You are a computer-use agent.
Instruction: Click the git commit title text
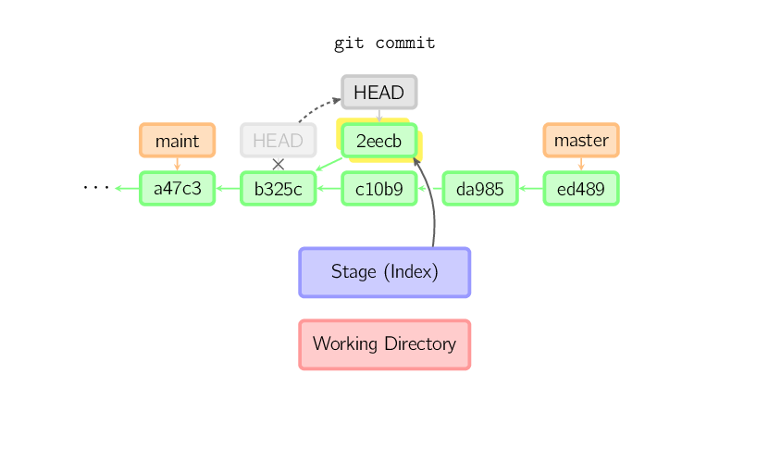[384, 43]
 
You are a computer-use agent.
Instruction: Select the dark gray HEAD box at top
[379, 93]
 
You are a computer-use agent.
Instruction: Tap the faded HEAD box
[278, 141]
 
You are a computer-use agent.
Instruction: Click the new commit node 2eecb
[379, 141]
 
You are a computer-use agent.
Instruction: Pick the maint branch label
[177, 141]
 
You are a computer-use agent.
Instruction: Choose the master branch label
[581, 141]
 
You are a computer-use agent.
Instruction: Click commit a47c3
[177, 189]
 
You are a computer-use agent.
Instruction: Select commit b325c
[278, 189]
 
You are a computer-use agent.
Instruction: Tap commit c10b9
[379, 189]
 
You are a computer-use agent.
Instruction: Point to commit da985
[480, 189]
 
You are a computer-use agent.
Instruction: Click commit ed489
[581, 189]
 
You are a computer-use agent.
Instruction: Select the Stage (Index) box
[385, 272]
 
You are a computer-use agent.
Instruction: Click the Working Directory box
[385, 344]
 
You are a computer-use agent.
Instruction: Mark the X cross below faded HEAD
[278, 164]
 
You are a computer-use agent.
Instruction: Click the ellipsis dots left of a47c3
[95, 188]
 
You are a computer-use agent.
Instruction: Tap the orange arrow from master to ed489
[581, 164]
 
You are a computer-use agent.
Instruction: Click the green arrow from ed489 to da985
[530, 189]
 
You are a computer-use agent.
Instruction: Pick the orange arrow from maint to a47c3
[177, 164]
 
